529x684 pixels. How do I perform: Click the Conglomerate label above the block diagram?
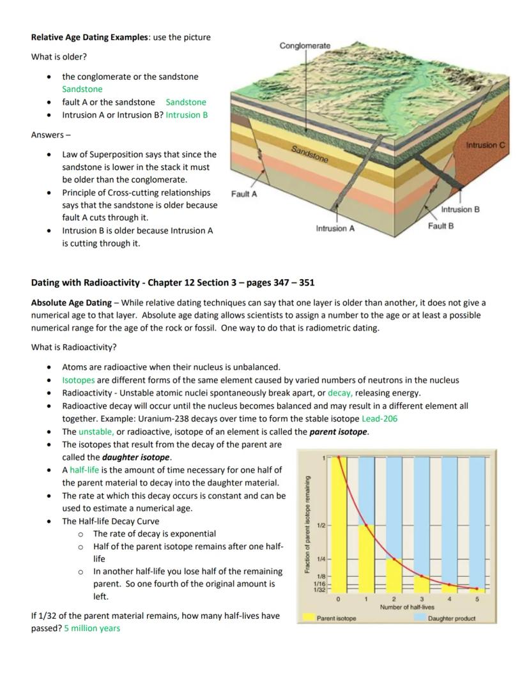tap(305, 45)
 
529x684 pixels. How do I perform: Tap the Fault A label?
tap(244, 194)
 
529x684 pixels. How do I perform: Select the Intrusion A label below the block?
tap(335, 228)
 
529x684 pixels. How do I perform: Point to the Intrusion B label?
tap(460, 209)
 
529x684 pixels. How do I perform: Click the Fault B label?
tap(441, 226)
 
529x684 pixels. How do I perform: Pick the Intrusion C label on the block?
tap(486, 145)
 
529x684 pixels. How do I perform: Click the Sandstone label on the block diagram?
tap(310, 154)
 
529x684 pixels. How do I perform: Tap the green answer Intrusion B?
tap(187, 115)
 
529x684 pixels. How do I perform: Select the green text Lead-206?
tap(379, 418)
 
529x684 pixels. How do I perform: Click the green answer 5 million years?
tap(92, 628)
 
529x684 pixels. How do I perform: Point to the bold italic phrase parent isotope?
tap(339, 432)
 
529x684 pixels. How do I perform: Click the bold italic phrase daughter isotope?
tap(136, 457)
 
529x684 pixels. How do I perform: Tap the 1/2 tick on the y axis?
tap(321, 525)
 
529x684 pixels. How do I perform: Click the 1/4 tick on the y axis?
tap(321, 559)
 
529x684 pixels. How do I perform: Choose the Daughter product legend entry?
tap(451, 618)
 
